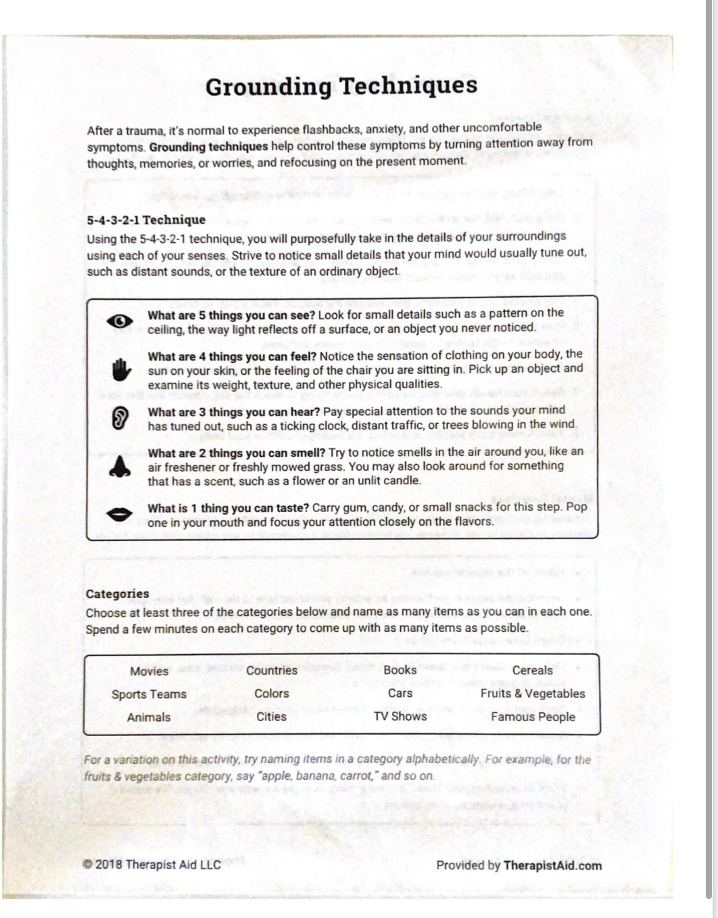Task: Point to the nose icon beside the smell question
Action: tap(120, 466)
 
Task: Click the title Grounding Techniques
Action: tap(341, 86)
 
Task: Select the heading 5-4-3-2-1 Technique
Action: tap(146, 220)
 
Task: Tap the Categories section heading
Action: tap(118, 594)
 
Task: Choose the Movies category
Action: tap(149, 671)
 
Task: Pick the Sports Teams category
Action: tap(149, 694)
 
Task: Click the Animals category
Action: tap(149, 717)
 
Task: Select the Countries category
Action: tap(272, 670)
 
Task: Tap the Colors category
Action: tap(272, 693)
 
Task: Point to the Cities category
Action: tap(272, 716)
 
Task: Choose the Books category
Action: tap(400, 670)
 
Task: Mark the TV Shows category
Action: tap(400, 716)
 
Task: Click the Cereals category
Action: tap(533, 670)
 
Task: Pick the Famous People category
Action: tap(533, 717)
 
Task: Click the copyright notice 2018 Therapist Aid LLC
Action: tap(152, 865)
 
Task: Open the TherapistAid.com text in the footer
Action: tap(552, 865)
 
